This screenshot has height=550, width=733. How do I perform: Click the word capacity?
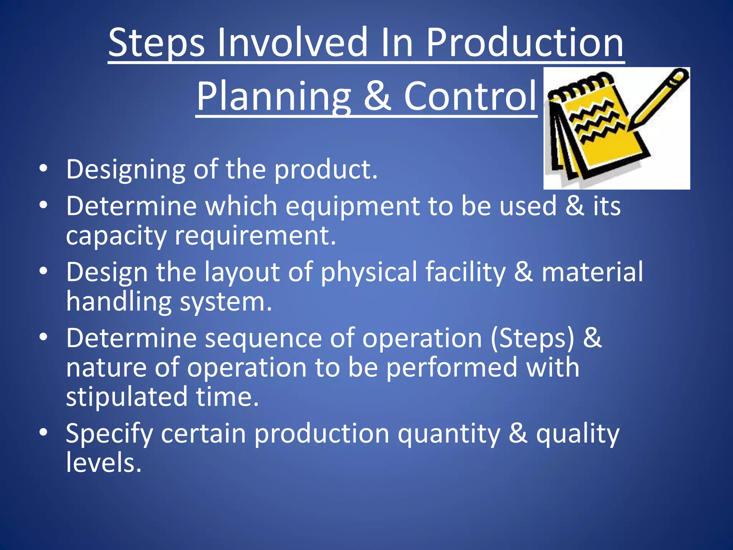pos(116,236)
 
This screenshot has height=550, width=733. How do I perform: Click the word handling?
pos(119,301)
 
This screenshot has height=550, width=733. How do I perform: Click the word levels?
pos(104,463)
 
